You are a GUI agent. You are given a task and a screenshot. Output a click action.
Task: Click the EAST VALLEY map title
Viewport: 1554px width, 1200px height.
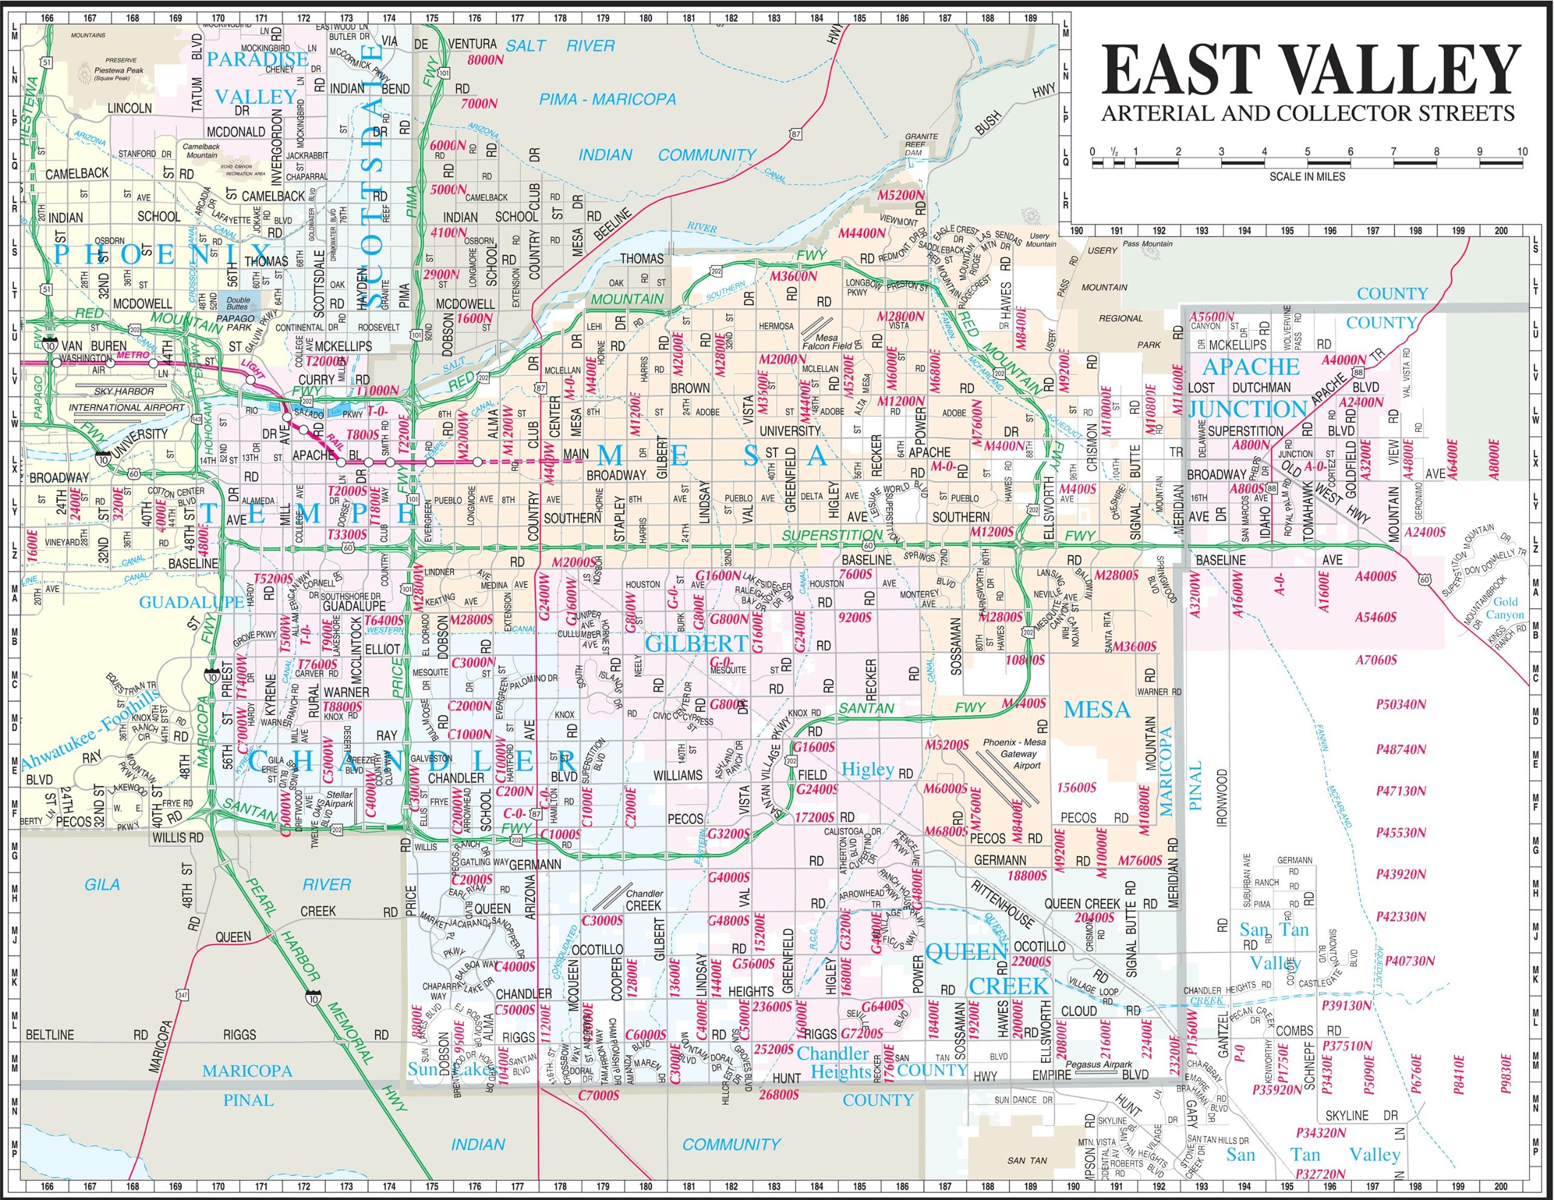point(1310,71)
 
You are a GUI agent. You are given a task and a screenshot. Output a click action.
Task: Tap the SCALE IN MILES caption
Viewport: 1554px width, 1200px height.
point(1307,177)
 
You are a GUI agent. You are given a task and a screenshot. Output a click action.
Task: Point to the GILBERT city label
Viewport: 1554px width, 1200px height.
point(696,644)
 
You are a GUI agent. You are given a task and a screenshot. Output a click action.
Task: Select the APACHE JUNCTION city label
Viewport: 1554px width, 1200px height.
point(1250,388)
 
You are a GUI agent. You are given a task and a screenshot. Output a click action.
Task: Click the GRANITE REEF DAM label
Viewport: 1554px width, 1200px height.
point(921,144)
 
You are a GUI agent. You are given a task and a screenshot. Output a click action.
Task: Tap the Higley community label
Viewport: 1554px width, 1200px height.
point(867,769)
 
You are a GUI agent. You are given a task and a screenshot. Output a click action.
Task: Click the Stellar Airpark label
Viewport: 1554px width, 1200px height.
point(339,799)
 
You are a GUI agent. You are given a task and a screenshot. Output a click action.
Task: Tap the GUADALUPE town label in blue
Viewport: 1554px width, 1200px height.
point(191,602)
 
